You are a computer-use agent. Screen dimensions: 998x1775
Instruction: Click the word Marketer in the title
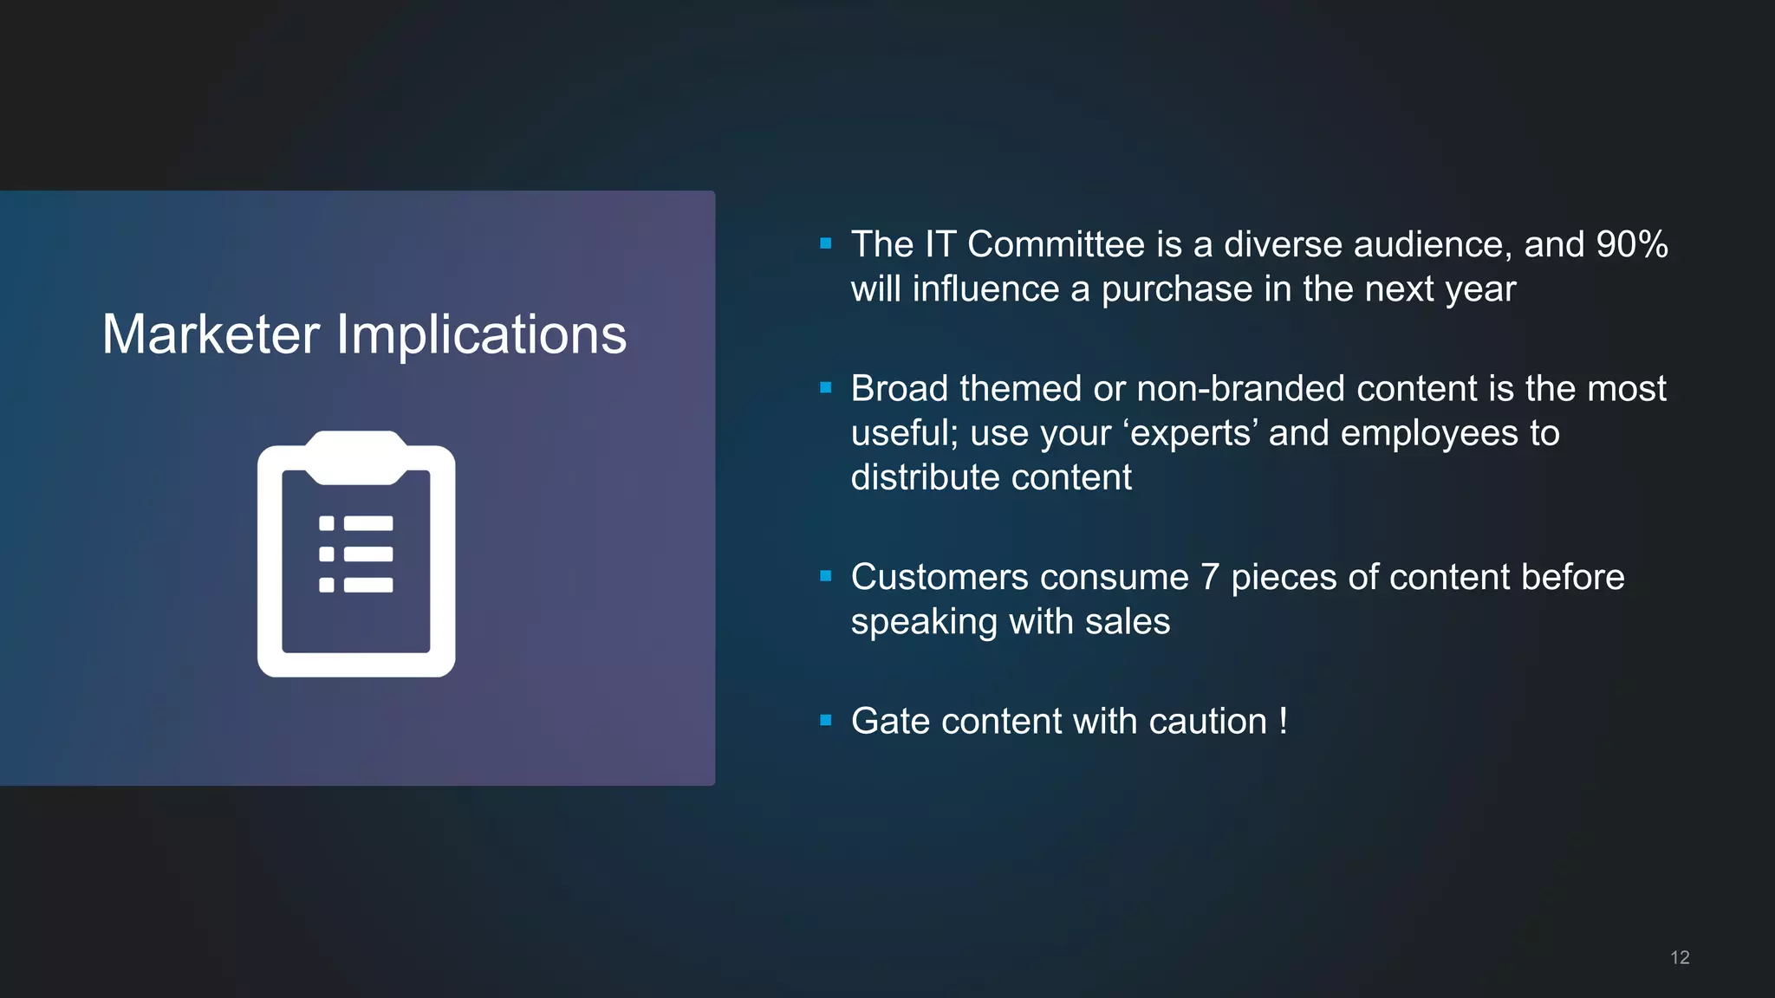(x=211, y=334)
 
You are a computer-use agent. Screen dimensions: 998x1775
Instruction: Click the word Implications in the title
(x=481, y=336)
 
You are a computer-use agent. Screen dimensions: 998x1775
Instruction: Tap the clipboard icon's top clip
(x=356, y=457)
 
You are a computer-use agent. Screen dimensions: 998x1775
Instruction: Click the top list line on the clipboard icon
(x=368, y=523)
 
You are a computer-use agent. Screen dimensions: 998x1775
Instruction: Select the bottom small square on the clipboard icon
(x=327, y=585)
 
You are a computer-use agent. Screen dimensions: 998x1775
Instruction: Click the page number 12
(x=1680, y=957)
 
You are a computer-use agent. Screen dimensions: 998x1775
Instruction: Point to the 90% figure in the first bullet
(x=1632, y=244)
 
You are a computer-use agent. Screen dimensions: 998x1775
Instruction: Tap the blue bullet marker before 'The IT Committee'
(x=826, y=244)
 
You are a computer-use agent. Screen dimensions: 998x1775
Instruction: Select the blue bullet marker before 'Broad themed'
(x=826, y=388)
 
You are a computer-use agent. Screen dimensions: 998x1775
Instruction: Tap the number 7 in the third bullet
(x=1210, y=577)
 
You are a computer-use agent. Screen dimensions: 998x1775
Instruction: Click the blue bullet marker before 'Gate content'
(x=826, y=721)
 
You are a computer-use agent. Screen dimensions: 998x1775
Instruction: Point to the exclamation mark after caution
(x=1283, y=721)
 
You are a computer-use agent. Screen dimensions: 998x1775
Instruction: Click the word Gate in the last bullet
(x=890, y=721)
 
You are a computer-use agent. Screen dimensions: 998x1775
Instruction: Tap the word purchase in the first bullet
(x=1176, y=289)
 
